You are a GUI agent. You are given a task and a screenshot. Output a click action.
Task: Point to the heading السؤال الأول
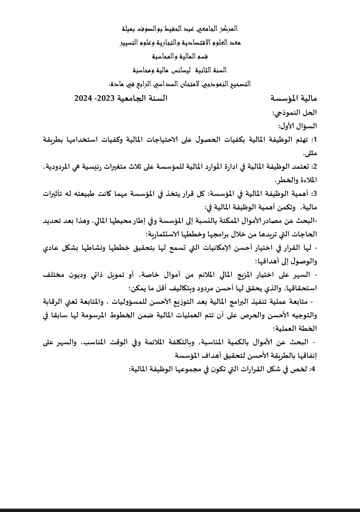tap(298, 126)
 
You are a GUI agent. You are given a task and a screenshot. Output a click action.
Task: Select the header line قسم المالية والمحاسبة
tap(180, 56)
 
